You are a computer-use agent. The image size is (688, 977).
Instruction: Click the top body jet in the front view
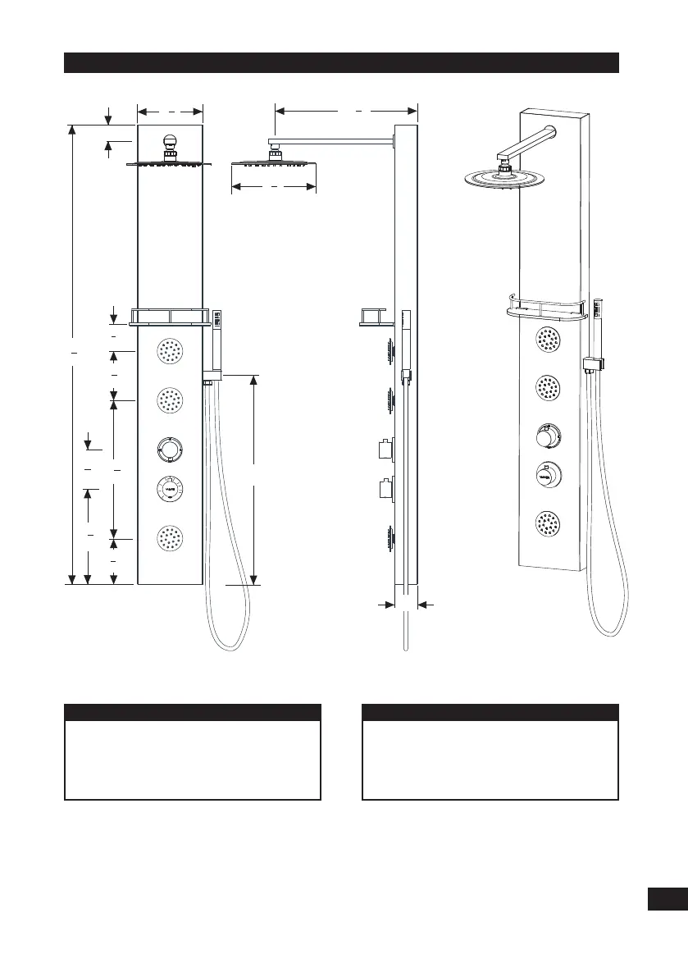[170, 352]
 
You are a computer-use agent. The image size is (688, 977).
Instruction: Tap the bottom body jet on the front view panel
[170, 538]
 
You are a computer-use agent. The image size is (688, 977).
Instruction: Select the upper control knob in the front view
[170, 449]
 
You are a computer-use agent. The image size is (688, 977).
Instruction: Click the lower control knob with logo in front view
[170, 489]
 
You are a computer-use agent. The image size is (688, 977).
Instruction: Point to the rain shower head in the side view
[274, 161]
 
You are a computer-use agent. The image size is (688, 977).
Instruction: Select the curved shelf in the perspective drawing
[544, 309]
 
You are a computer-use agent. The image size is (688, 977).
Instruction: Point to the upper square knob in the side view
[384, 450]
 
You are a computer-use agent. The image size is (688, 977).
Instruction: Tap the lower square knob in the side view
[384, 490]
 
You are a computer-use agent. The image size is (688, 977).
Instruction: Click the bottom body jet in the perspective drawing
[548, 523]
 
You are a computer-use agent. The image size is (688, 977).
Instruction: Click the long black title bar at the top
[341, 63]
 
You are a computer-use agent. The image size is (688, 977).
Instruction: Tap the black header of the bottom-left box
[192, 712]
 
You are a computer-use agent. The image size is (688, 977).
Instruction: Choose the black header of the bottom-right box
[490, 712]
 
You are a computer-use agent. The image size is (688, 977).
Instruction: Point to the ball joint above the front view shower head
[170, 142]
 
